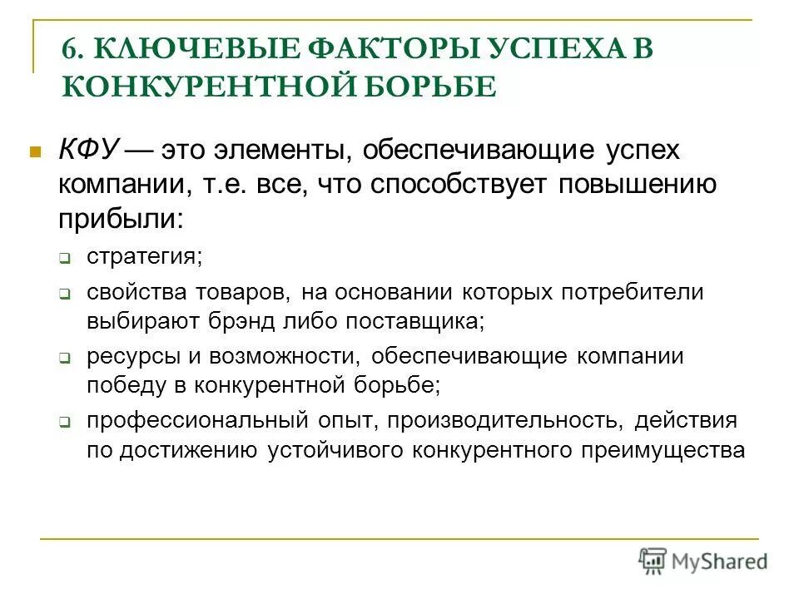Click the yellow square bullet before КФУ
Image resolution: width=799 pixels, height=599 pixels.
click(x=35, y=152)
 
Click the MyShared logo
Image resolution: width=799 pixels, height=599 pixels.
click(x=703, y=559)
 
